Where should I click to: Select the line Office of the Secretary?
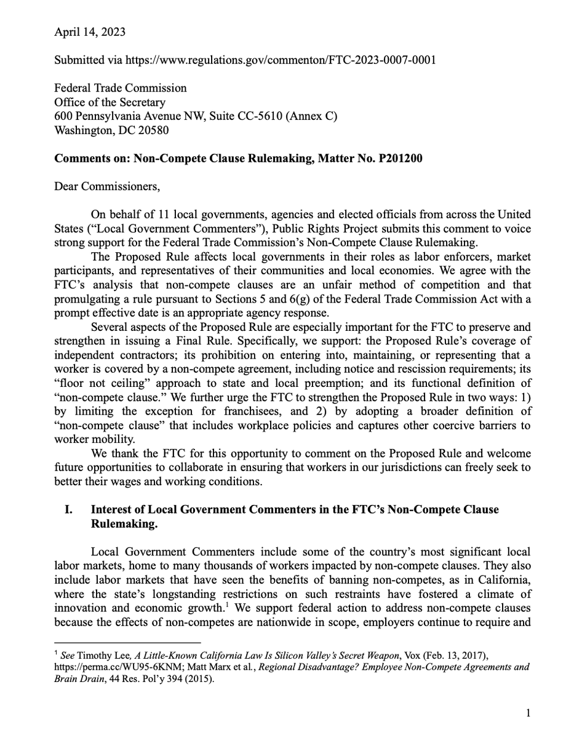tap(110, 103)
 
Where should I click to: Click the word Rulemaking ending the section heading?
tap(119, 524)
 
